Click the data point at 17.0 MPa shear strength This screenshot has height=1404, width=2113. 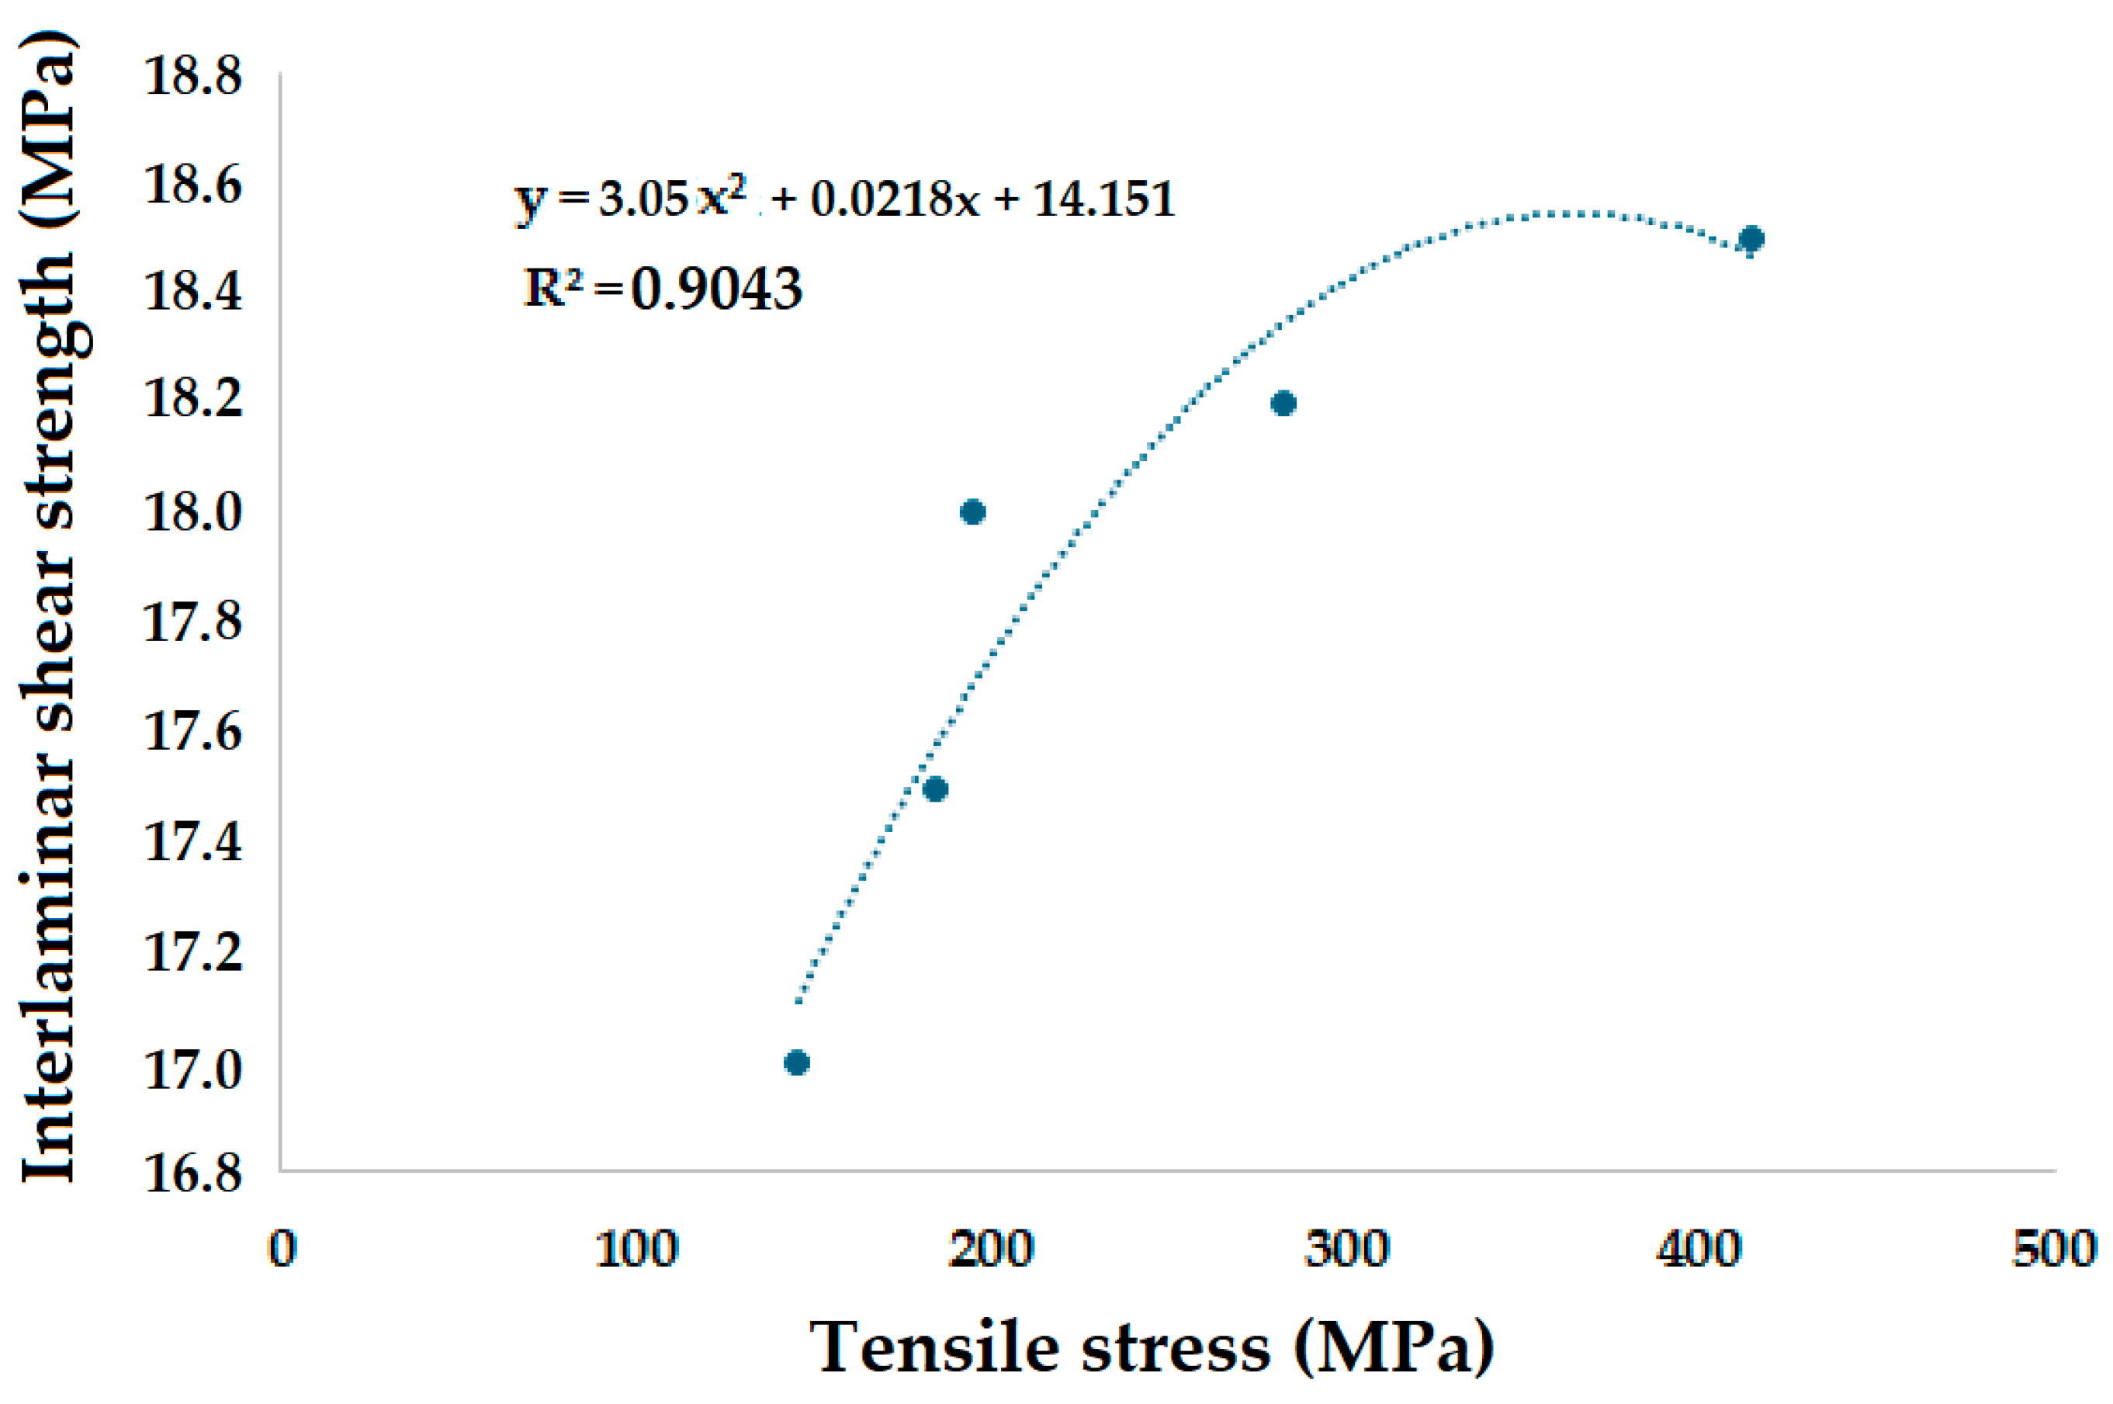[x=796, y=1063]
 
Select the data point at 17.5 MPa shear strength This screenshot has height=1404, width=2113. [x=935, y=789]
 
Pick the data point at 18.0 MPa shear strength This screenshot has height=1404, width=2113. [x=972, y=512]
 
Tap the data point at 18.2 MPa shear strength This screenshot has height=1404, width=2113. [x=1283, y=403]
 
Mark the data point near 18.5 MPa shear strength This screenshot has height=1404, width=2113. [x=1751, y=239]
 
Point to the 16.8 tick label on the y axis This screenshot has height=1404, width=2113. [x=192, y=1172]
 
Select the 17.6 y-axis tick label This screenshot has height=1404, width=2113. [x=192, y=732]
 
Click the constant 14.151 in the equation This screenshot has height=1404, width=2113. [x=1103, y=198]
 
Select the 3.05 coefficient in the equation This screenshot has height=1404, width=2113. [x=643, y=198]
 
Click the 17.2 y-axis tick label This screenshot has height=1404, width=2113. [x=192, y=952]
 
